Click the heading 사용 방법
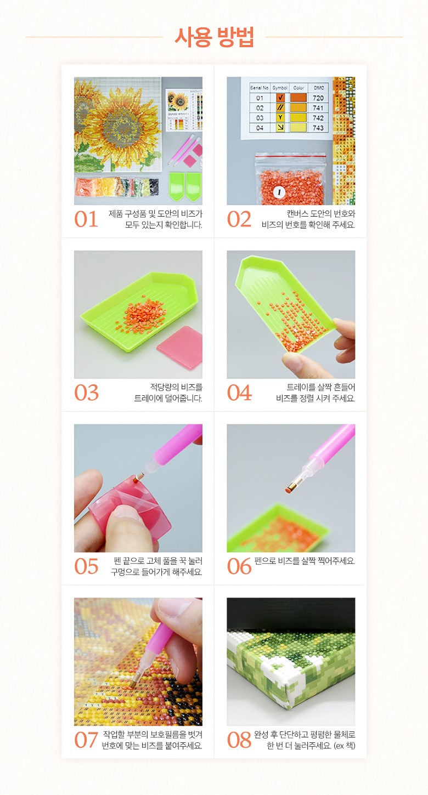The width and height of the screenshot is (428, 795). coord(214,37)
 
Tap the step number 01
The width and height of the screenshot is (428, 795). coord(86,219)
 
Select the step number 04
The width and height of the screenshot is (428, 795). coord(239,393)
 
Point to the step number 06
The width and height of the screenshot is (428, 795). coord(239,566)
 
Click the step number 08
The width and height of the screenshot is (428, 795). coord(239,740)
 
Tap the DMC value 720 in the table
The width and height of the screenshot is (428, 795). coord(318,98)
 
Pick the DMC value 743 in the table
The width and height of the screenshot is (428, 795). coord(318,128)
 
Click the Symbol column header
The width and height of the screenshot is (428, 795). coord(280,88)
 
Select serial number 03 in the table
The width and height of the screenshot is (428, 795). coord(260,118)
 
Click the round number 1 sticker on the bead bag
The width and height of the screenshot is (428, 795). coord(279,192)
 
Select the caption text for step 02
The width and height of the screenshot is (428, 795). coord(308,219)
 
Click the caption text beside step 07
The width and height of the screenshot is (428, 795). coord(152,740)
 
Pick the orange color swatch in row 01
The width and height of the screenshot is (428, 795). coord(299,98)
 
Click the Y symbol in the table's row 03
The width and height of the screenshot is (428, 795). coord(280,117)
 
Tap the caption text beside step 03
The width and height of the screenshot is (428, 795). coord(168,393)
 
